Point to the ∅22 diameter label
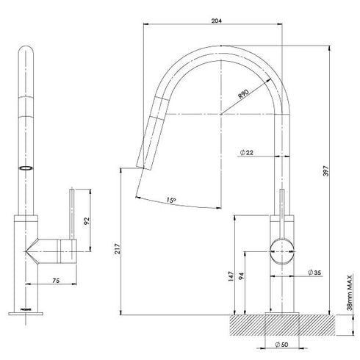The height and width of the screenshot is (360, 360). (x=246, y=152)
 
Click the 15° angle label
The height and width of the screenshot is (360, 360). (x=170, y=199)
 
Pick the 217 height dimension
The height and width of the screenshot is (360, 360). (x=118, y=249)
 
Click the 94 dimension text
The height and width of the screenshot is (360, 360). (x=244, y=276)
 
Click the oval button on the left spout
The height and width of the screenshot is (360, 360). (x=27, y=168)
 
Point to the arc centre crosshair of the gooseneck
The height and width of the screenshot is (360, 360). (x=220, y=115)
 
